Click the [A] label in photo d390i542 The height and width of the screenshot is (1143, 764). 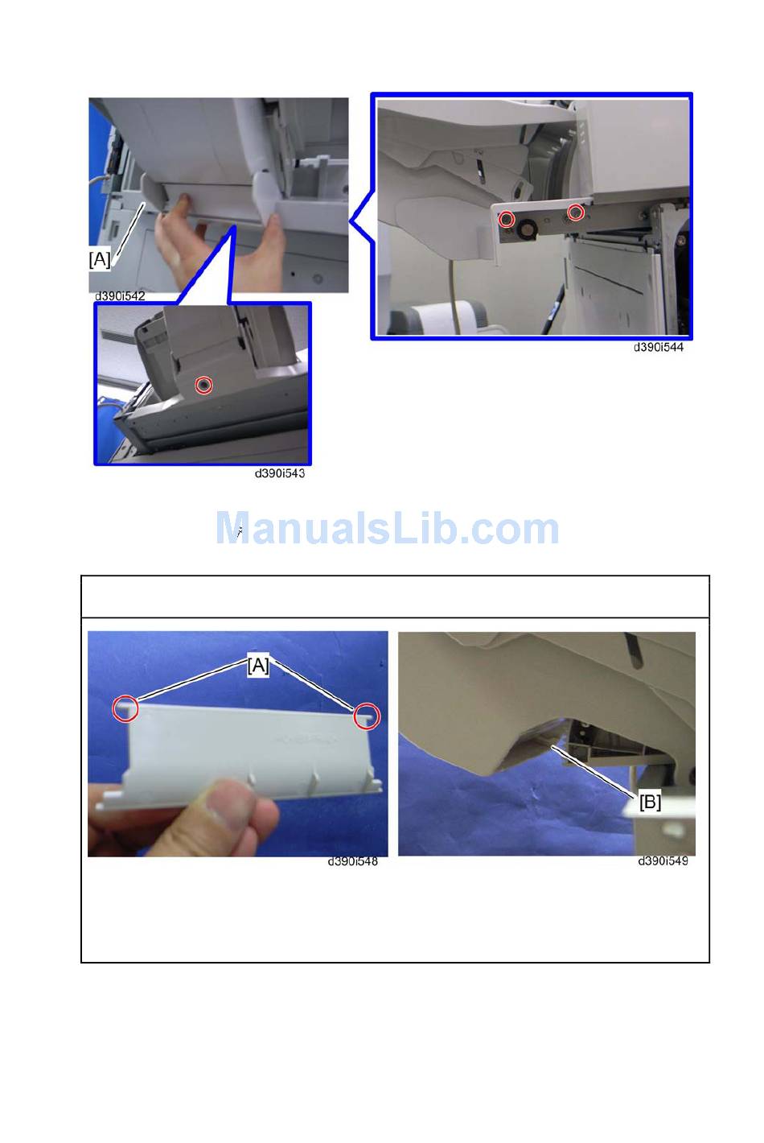click(100, 259)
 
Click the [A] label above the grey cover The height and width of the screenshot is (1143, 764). click(258, 666)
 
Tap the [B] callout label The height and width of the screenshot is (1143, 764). click(650, 803)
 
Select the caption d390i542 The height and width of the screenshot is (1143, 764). click(120, 296)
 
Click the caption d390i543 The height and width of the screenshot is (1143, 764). click(280, 473)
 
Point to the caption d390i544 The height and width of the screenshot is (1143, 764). click(659, 347)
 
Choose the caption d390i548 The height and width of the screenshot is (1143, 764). click(353, 861)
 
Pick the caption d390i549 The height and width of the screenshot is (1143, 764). click(663, 860)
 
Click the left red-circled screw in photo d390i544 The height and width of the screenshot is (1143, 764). click(506, 220)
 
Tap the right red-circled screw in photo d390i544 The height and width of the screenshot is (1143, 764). click(576, 213)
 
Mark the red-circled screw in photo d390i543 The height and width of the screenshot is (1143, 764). click(204, 386)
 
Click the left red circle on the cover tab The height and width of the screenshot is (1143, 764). click(125, 709)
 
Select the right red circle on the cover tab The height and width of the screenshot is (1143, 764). click(367, 716)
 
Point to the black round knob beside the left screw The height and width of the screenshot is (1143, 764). click(524, 232)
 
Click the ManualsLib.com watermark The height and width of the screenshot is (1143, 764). click(388, 527)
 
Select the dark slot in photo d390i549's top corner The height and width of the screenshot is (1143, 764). click(632, 650)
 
